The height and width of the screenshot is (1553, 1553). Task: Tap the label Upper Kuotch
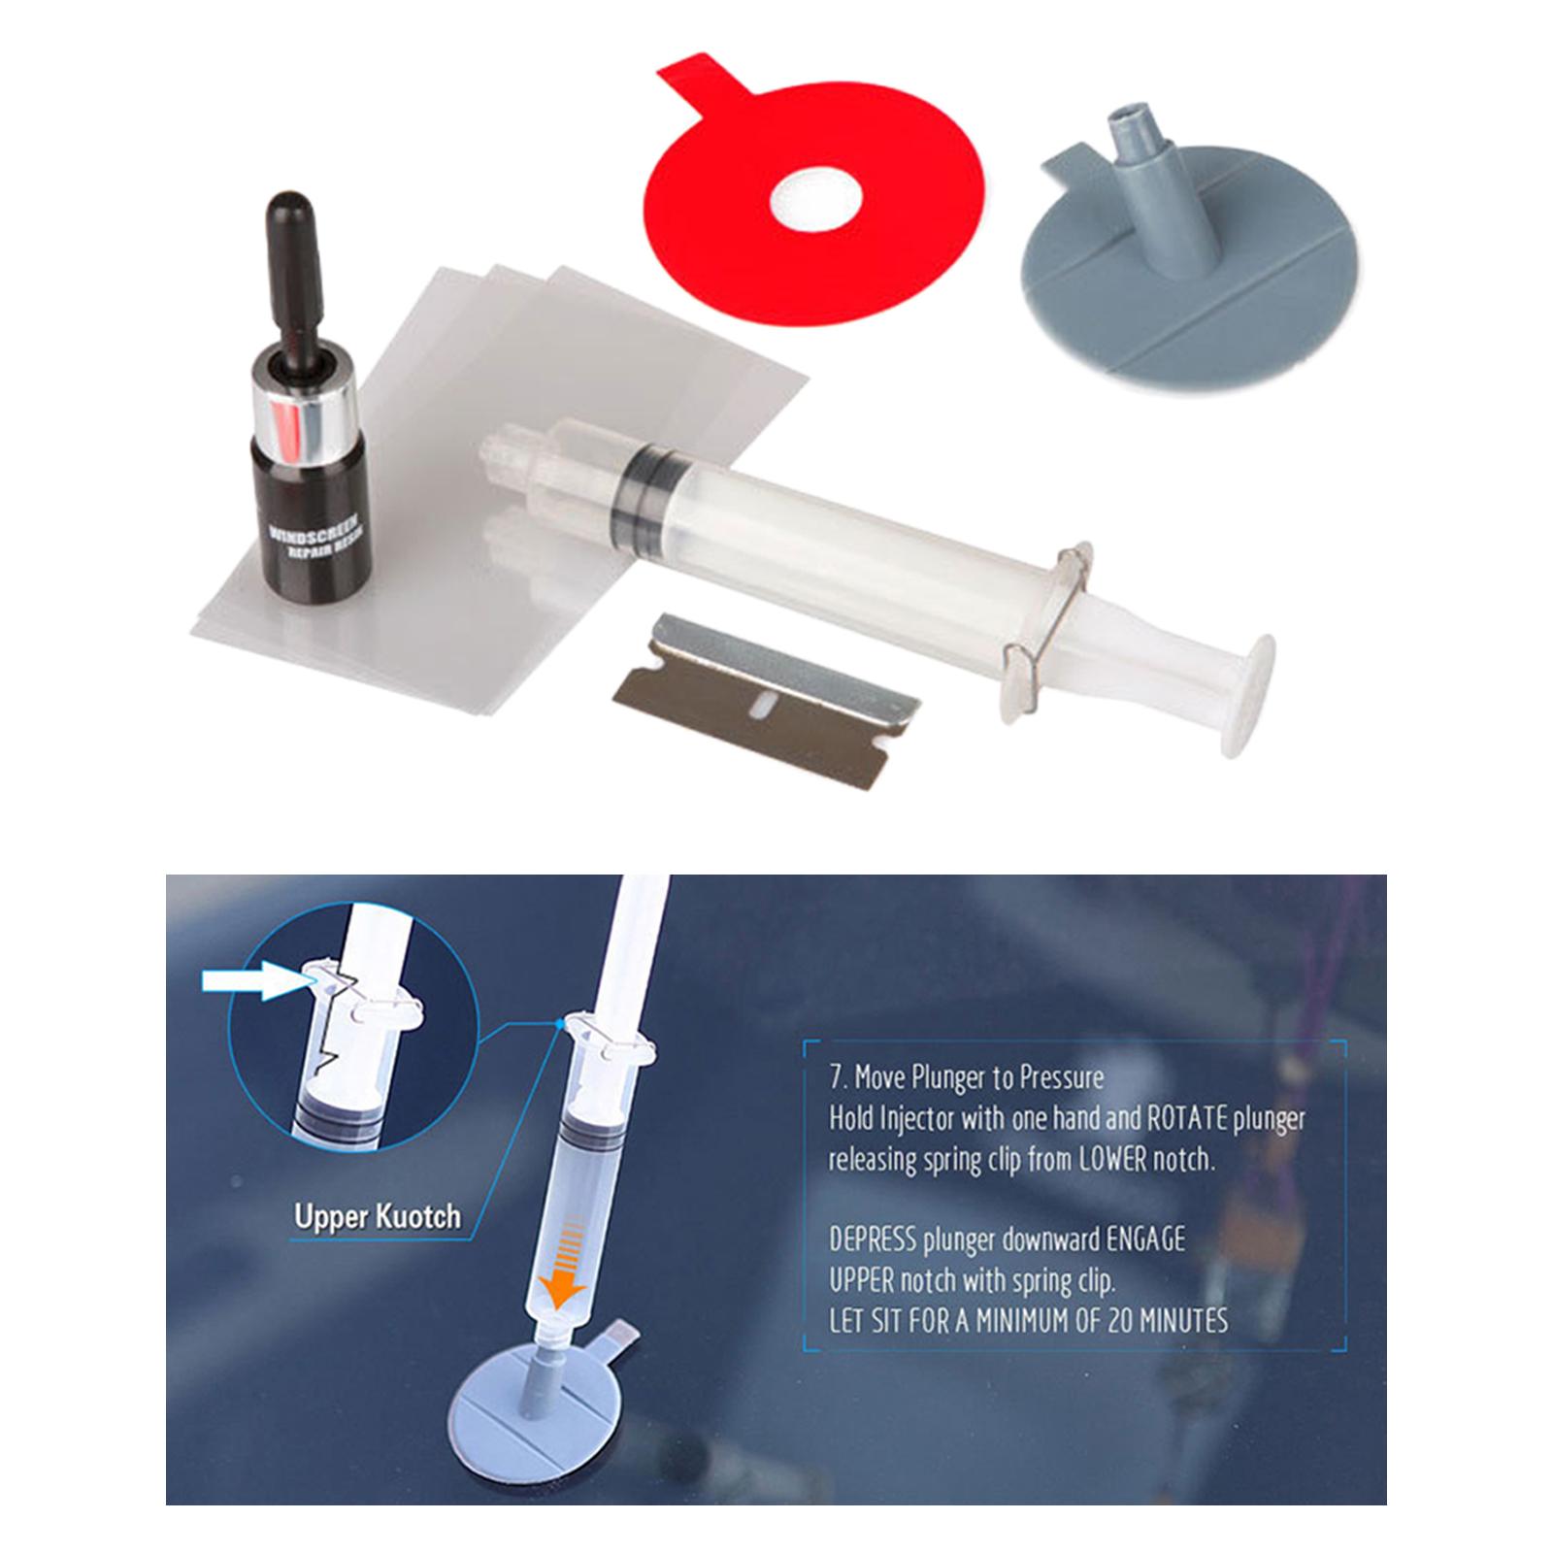378,1215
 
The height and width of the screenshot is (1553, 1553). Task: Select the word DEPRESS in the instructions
874,1239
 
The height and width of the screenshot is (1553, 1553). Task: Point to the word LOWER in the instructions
1114,1161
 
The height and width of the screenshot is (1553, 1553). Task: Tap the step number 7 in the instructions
836,1077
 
